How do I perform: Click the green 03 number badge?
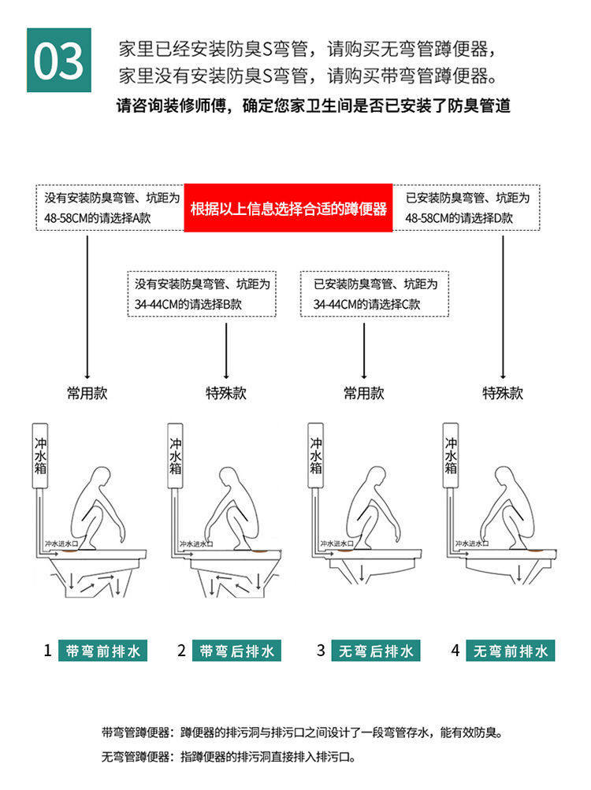pyautogui.click(x=59, y=60)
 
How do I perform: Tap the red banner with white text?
pyautogui.click(x=288, y=209)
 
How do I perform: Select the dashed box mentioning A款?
pyautogui.click(x=110, y=208)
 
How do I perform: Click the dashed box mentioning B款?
pyautogui.click(x=202, y=294)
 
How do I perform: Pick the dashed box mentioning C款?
pyautogui.click(x=375, y=294)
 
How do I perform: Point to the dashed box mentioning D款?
pyautogui.click(x=469, y=208)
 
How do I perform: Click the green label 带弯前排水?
pyautogui.click(x=102, y=651)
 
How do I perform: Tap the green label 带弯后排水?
pyautogui.click(x=237, y=651)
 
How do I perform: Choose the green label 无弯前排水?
pyautogui.click(x=511, y=651)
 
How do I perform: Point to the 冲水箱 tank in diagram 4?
pyautogui.click(x=451, y=457)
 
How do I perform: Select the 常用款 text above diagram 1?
pyautogui.click(x=87, y=393)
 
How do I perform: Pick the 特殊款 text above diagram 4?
pyautogui.click(x=503, y=393)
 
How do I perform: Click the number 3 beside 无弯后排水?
pyautogui.click(x=321, y=651)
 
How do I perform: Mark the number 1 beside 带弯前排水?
pyautogui.click(x=47, y=651)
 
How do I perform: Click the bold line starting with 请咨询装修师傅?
pyautogui.click(x=313, y=106)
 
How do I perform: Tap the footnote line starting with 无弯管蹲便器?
pyautogui.click(x=229, y=757)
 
